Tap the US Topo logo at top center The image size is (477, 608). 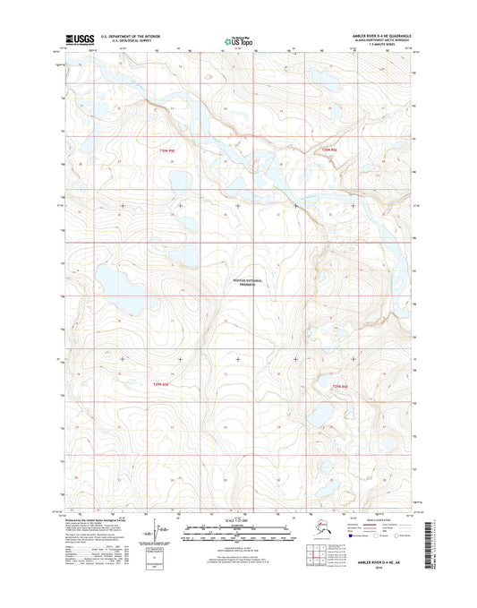coord(237,40)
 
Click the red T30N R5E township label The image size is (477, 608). coord(161,150)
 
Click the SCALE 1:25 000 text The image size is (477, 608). coord(237,520)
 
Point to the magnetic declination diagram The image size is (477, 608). coord(162,535)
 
